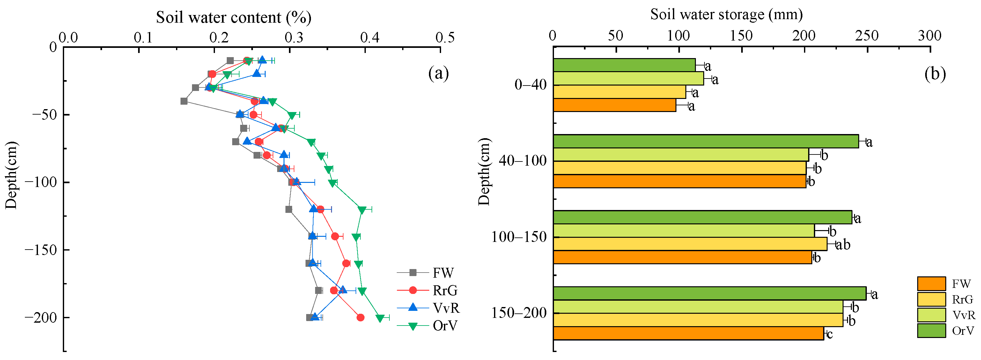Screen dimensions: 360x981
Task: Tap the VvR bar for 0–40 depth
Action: tap(628, 79)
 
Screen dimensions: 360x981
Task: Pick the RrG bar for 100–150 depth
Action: tap(690, 244)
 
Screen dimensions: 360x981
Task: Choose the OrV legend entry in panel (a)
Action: tap(445, 326)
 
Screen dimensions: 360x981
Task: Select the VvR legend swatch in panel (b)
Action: tap(931, 315)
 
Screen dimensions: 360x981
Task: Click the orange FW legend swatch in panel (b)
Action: tap(931, 284)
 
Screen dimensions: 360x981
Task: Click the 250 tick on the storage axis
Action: tap(867, 36)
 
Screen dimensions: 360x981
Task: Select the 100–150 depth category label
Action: tap(519, 237)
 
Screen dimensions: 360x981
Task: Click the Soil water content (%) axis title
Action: tap(233, 18)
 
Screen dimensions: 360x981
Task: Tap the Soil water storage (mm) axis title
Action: tap(726, 14)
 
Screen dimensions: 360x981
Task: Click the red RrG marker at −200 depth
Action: tap(360, 317)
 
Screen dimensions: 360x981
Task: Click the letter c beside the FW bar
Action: tap(830, 334)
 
